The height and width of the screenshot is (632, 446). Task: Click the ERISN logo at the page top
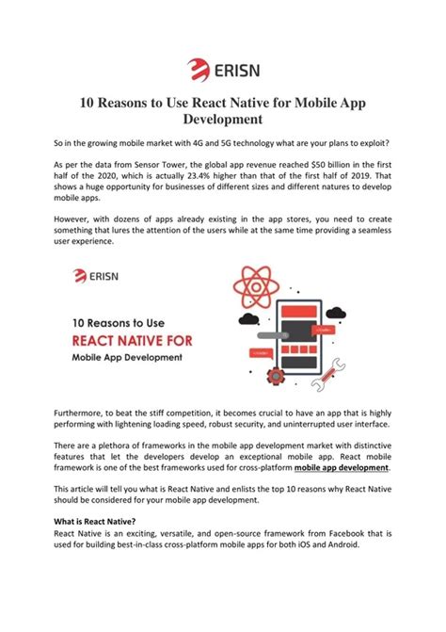pyautogui.click(x=222, y=68)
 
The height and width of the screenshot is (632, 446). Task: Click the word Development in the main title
pyautogui.click(x=222, y=120)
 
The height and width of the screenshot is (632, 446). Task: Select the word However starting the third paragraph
pyautogui.click(x=76, y=219)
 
